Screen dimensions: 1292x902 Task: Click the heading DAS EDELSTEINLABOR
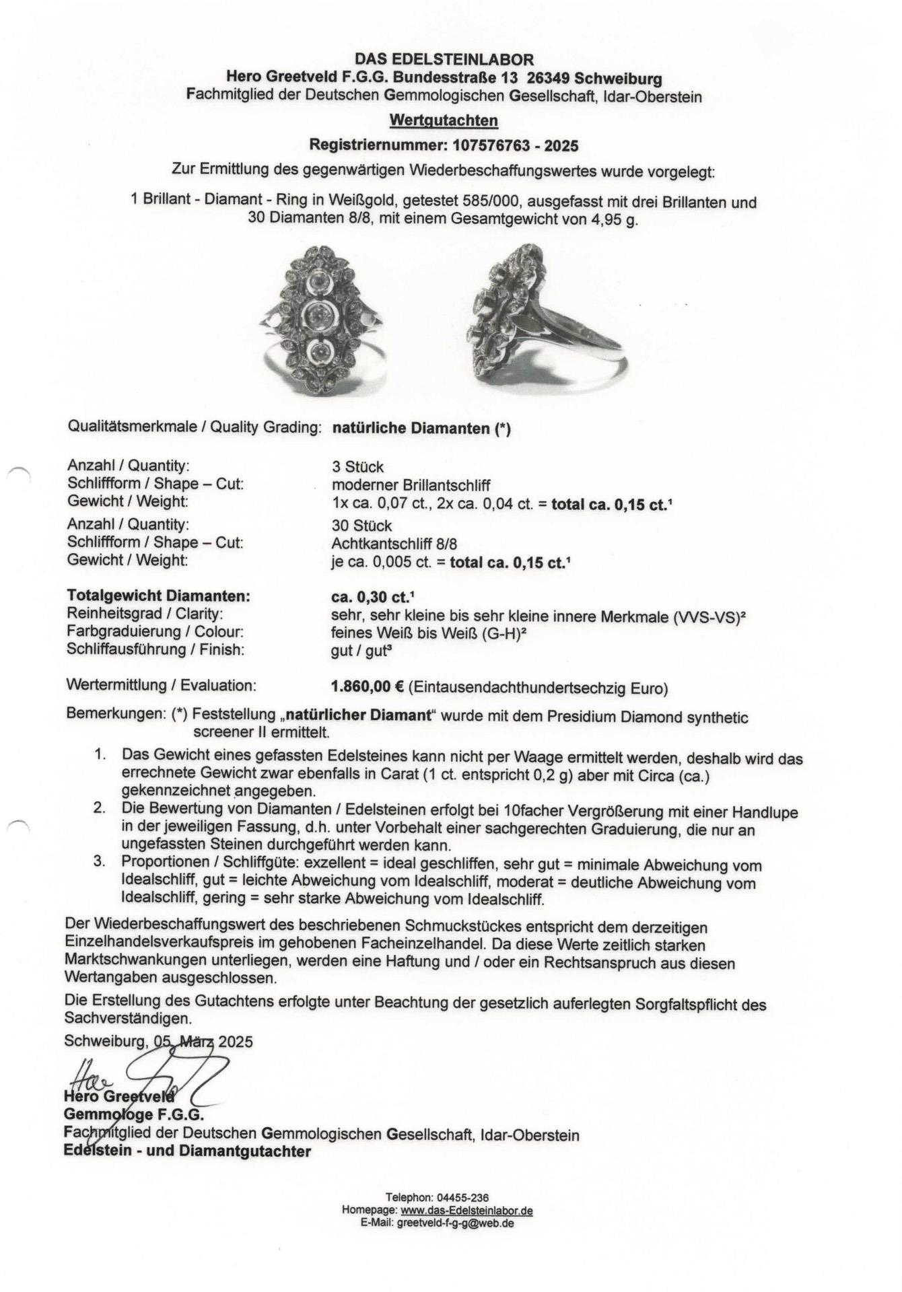coord(444,60)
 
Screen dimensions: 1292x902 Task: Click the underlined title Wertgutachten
coord(444,120)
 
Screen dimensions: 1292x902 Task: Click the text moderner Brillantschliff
coord(411,485)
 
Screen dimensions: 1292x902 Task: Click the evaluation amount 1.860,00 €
coord(368,687)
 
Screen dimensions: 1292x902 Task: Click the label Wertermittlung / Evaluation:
coord(162,686)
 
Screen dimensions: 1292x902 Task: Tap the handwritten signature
coord(148,1073)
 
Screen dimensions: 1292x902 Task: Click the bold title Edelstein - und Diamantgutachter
coord(188,1151)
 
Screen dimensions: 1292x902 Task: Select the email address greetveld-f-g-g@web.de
coord(454,1223)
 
